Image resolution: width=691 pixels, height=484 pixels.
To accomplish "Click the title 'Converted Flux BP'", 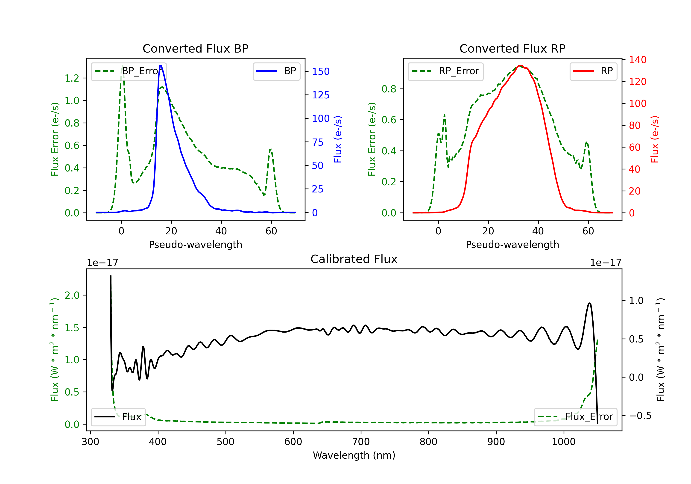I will pos(195,48).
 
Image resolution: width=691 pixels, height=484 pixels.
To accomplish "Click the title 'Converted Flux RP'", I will pos(512,48).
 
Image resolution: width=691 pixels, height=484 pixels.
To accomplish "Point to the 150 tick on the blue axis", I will pos(321,72).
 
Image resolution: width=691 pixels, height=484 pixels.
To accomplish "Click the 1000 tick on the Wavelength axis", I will pos(563,442).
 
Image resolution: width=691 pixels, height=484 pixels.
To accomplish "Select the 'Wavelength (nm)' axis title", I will pos(354,455).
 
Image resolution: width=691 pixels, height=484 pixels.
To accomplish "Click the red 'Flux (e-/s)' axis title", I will pos(655,139).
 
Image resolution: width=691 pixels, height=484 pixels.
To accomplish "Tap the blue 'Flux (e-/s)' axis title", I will pos(338,139).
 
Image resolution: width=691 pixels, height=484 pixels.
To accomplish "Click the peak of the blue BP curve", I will pos(160,65).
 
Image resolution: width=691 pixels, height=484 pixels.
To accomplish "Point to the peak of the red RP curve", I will pos(520,65).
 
